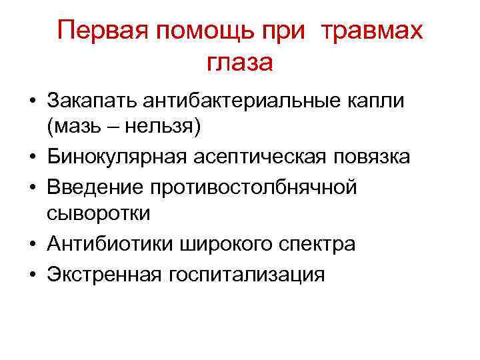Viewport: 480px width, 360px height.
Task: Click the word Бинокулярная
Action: tap(119, 157)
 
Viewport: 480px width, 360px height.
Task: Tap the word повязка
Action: tap(371, 157)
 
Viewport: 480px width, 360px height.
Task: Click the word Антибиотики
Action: tap(110, 244)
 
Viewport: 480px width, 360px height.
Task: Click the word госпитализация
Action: tap(249, 274)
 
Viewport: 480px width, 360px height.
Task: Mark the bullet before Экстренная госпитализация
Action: tap(31, 274)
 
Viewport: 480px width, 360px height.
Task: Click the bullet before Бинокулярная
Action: tap(31, 157)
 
